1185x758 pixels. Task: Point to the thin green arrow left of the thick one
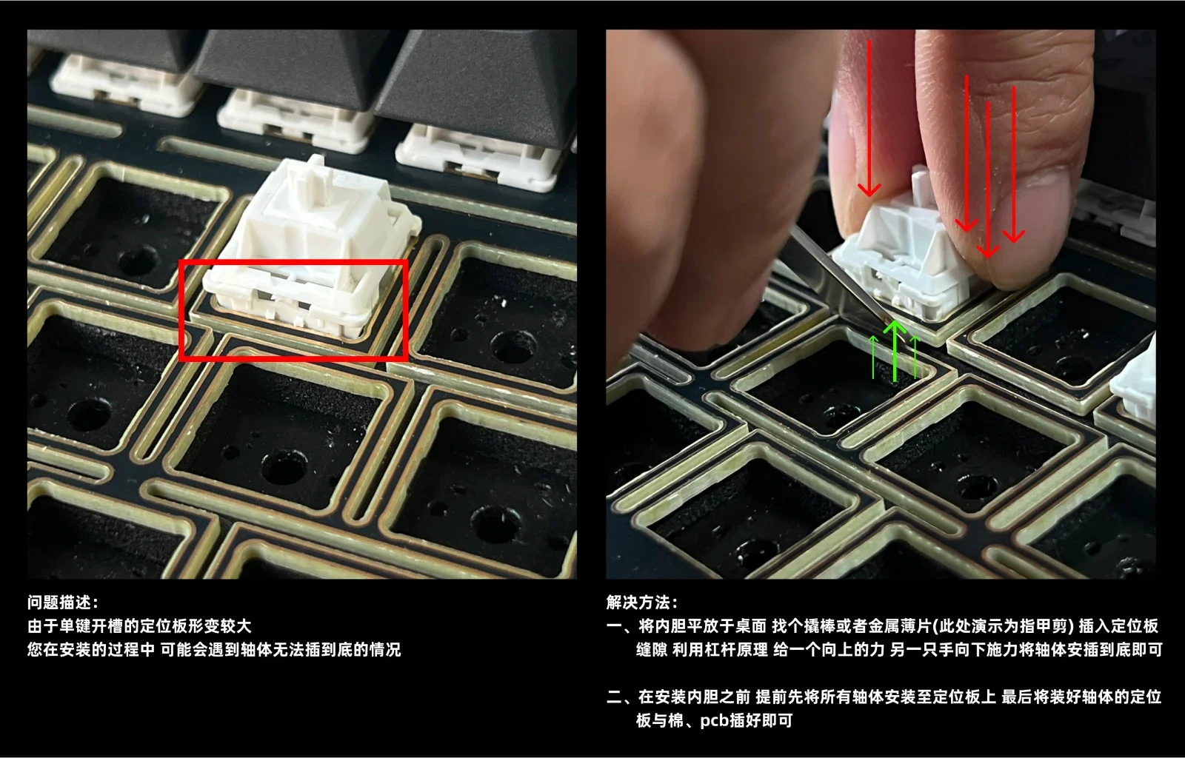pyautogui.click(x=873, y=357)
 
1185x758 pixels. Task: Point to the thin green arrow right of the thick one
pyautogui.click(x=915, y=357)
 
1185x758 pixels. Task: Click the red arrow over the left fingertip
pyautogui.click(x=869, y=119)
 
